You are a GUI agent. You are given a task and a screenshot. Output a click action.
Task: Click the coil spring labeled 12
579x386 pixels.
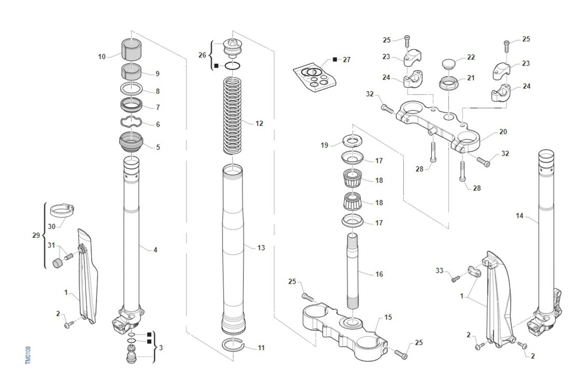click(233, 116)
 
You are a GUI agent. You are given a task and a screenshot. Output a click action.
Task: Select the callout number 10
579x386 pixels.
click(102, 56)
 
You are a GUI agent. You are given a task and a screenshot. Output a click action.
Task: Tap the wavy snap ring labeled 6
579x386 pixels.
click(131, 122)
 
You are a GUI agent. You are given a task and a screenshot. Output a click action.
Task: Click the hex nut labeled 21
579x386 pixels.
click(448, 83)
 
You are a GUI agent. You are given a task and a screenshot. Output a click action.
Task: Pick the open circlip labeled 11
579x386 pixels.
click(233, 345)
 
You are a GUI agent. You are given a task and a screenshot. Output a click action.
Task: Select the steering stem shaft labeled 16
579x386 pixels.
click(353, 271)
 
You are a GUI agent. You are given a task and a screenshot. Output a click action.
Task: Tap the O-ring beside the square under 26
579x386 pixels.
click(233, 66)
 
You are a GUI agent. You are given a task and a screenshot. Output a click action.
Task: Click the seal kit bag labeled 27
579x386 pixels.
click(314, 77)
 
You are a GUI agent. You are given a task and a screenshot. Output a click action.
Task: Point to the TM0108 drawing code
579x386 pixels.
click(28, 355)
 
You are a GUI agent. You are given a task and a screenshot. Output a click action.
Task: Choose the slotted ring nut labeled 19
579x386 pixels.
click(352, 141)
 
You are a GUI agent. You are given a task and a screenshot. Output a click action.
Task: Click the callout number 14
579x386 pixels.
click(520, 216)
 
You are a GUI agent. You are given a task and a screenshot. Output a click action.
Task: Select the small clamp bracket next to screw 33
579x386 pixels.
click(474, 272)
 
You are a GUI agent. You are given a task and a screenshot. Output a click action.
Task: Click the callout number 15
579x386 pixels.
click(388, 317)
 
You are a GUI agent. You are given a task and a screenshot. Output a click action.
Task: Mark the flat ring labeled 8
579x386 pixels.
click(131, 89)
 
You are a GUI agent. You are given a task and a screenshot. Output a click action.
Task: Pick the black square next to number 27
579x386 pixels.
click(335, 60)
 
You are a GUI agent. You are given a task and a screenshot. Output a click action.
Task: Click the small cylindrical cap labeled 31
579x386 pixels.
click(57, 263)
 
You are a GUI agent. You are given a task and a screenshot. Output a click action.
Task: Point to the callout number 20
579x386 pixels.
click(503, 132)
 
